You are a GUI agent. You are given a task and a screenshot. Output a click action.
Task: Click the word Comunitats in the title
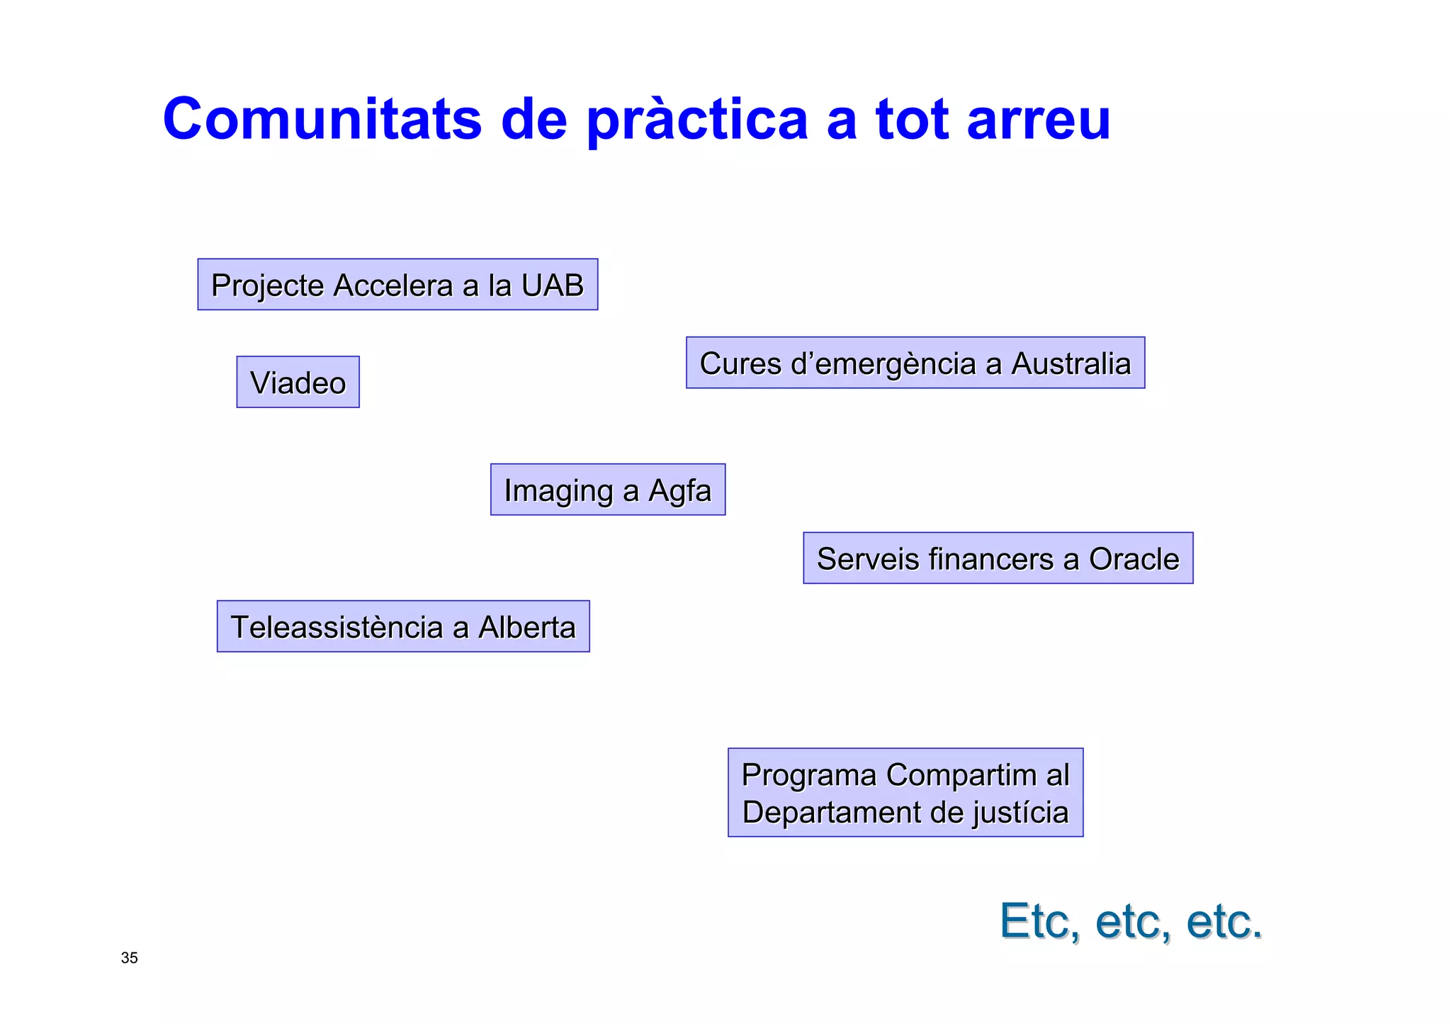click(x=322, y=119)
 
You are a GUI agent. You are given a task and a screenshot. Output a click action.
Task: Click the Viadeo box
click(x=298, y=383)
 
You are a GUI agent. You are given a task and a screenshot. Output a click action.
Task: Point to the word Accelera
click(x=393, y=285)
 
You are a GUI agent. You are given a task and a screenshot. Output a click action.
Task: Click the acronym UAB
click(x=553, y=285)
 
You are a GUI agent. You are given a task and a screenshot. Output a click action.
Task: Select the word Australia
click(x=1071, y=363)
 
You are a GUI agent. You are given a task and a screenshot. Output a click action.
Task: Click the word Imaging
click(x=558, y=491)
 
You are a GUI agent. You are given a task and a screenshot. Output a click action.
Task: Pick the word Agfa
click(x=679, y=491)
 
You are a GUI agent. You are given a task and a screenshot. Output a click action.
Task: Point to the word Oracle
click(x=1134, y=559)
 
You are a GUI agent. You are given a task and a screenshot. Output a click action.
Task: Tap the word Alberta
click(x=527, y=627)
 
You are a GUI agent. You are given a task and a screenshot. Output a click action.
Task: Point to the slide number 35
click(x=130, y=958)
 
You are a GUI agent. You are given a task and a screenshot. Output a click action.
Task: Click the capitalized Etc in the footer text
click(x=1039, y=921)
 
